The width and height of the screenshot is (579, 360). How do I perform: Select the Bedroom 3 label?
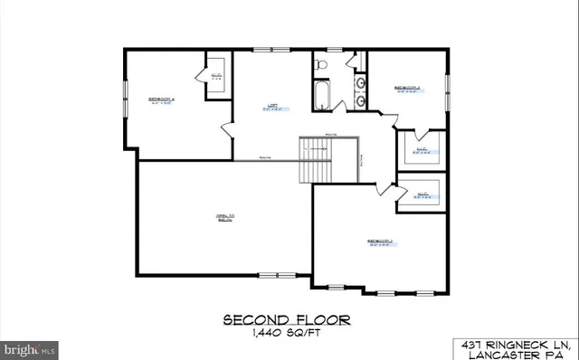coord(407,88)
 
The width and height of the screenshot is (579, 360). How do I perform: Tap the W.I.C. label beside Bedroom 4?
coord(216,76)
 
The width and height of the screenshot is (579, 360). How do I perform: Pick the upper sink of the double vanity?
coord(361,83)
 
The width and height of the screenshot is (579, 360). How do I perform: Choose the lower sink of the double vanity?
coord(361,99)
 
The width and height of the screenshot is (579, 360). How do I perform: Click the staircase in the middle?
coord(318,159)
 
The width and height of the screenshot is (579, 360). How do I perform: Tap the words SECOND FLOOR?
coord(287,321)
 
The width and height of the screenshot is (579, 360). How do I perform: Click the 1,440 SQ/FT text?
coord(287,334)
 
